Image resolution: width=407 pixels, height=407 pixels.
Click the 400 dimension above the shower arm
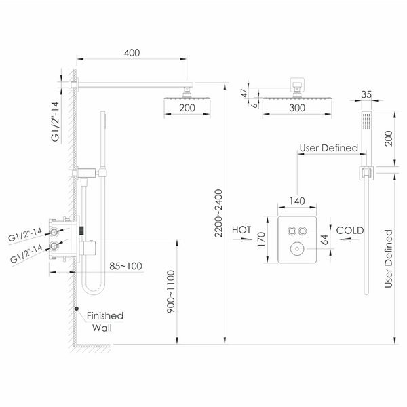tap(132, 53)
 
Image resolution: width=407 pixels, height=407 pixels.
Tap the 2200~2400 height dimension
tap(219, 213)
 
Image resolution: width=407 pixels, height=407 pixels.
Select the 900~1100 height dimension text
tap(171, 291)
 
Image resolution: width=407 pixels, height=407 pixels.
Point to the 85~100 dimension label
tap(125, 266)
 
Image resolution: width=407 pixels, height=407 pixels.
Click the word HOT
tap(241, 230)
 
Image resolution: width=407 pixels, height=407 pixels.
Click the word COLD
tap(350, 230)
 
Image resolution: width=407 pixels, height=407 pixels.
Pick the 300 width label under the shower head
tap(297, 108)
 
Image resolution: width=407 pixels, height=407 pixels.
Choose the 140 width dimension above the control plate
tap(297, 201)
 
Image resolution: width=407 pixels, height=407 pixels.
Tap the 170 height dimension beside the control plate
tap(261, 239)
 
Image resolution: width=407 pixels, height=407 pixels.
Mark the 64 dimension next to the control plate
tap(324, 239)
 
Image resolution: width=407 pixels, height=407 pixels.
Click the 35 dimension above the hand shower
tap(366, 94)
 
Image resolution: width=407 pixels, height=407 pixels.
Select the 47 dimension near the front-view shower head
tap(244, 93)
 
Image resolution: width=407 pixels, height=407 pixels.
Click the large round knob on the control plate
tap(297, 249)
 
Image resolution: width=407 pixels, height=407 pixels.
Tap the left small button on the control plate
tap(292, 231)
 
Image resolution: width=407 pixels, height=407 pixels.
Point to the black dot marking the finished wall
tap(76, 309)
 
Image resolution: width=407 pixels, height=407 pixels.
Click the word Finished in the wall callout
tap(105, 316)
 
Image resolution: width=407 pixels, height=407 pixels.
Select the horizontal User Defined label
tap(328, 148)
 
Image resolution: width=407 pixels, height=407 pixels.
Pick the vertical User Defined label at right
tap(388, 258)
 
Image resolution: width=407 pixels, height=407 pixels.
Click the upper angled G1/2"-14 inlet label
tap(25, 235)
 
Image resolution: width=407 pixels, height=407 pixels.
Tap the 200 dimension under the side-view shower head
tap(187, 108)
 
